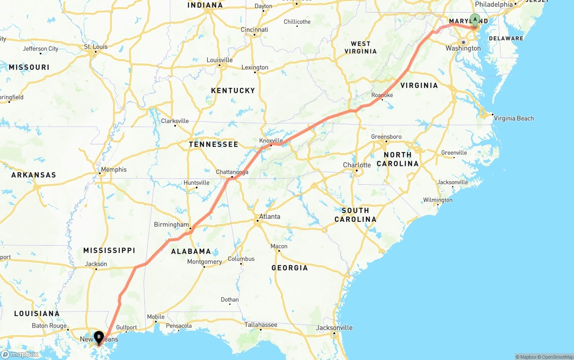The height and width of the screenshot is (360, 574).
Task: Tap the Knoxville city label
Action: [x=271, y=140]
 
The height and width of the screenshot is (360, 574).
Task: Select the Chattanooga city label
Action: [x=232, y=172]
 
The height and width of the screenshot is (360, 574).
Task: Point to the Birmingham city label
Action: [x=171, y=225]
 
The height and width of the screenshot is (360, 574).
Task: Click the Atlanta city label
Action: [x=270, y=217]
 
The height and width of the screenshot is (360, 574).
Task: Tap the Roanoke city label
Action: [x=382, y=95]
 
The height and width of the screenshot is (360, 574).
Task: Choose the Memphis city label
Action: [x=113, y=169]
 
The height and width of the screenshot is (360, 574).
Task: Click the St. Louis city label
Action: [x=96, y=47]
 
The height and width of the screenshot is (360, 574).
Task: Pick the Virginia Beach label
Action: [x=513, y=118]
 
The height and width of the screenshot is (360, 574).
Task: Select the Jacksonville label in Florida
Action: [x=334, y=328]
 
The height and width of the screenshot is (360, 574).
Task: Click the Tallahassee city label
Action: [x=261, y=325]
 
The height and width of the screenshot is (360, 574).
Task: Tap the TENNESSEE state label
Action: [x=213, y=144]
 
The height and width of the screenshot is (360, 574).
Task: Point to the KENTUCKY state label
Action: [x=233, y=91]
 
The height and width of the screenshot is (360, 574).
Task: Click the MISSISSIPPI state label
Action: [x=109, y=250]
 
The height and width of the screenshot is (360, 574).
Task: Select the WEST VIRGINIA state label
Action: [x=361, y=47]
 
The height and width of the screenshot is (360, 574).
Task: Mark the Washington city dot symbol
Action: [x=464, y=42]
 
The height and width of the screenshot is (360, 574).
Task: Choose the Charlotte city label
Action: [x=357, y=165]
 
